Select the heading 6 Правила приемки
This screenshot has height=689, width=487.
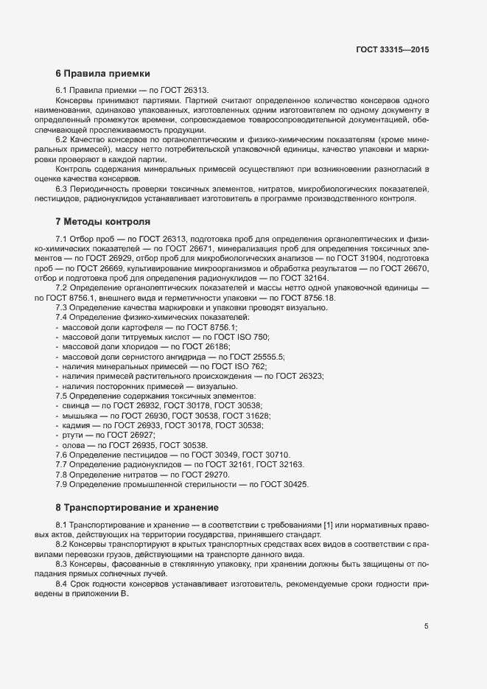(x=102, y=74)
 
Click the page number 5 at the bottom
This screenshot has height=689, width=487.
(x=426, y=627)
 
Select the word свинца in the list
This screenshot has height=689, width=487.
(x=76, y=405)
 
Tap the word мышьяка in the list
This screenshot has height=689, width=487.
(x=80, y=416)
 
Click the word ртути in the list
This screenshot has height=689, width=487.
(x=73, y=435)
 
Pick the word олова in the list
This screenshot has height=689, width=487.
(x=74, y=445)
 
